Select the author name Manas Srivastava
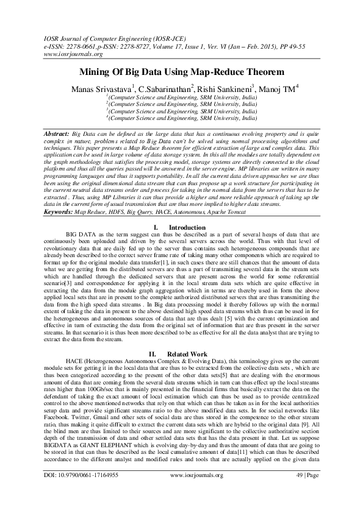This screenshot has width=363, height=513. (x=101, y=90)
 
